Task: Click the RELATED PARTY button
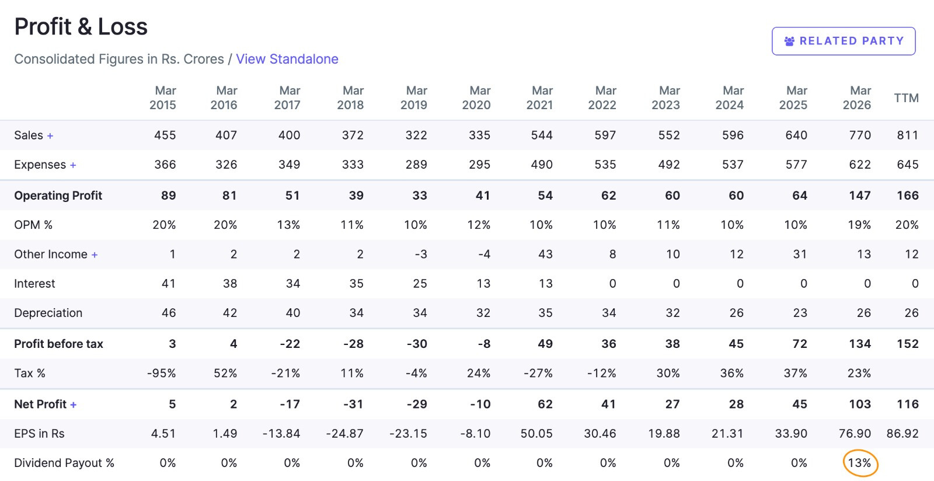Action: click(844, 41)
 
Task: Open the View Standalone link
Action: click(287, 59)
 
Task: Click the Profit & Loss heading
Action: click(81, 27)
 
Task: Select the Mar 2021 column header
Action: click(539, 97)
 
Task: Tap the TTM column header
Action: click(906, 98)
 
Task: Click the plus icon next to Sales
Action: click(50, 135)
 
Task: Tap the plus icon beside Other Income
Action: click(95, 255)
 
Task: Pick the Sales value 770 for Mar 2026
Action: click(860, 135)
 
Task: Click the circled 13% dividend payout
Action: click(860, 463)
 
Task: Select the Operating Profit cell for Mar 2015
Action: click(169, 196)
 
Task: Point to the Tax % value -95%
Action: click(161, 373)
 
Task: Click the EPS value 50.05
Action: click(536, 434)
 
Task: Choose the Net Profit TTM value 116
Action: click(908, 404)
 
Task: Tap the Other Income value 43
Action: click(545, 255)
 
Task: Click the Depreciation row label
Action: click(48, 313)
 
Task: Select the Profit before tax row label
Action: click(58, 344)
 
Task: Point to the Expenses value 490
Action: click(542, 164)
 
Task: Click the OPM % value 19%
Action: click(859, 225)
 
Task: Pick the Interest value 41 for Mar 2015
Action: click(169, 284)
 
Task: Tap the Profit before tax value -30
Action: click(417, 344)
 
